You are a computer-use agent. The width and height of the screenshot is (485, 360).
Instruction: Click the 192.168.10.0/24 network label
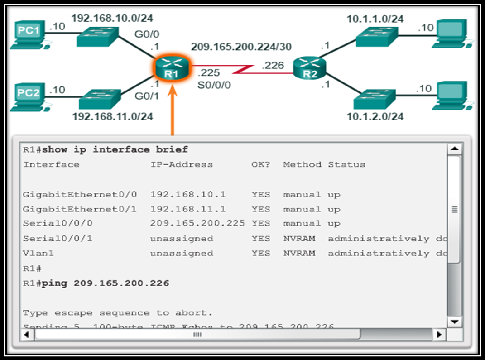(112, 19)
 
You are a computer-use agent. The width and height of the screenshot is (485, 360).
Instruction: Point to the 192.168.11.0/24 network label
(112, 116)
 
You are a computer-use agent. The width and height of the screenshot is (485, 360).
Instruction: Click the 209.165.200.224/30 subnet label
(241, 47)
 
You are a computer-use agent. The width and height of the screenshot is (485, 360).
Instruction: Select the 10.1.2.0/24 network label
(375, 116)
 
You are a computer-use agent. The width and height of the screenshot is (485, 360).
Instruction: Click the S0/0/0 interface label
(214, 84)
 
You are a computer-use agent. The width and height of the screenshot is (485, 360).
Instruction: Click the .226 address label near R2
(273, 66)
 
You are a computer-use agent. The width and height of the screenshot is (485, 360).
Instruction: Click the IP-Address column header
(181, 164)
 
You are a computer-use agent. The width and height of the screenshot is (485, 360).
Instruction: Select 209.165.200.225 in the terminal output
(197, 223)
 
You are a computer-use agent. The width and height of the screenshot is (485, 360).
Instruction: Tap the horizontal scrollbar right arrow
(439, 335)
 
